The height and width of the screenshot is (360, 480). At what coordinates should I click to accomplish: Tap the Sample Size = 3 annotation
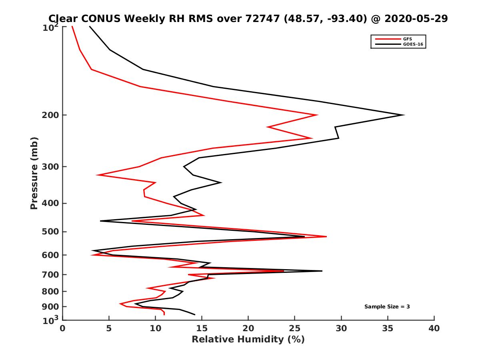pyautogui.click(x=387, y=307)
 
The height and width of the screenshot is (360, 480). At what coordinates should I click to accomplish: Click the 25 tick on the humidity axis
pyautogui.click(x=295, y=328)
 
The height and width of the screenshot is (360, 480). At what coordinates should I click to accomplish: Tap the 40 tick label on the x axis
pyautogui.click(x=434, y=328)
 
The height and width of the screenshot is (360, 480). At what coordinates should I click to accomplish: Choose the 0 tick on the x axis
pyautogui.click(x=63, y=328)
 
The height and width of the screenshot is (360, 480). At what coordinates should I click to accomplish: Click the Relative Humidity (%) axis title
pyautogui.click(x=248, y=340)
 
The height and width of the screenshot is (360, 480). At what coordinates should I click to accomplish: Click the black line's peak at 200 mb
pyautogui.click(x=404, y=115)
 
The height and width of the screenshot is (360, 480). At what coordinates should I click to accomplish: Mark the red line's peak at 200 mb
pyautogui.click(x=317, y=115)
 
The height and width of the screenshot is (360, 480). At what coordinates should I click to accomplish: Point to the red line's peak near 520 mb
pyautogui.click(x=326, y=237)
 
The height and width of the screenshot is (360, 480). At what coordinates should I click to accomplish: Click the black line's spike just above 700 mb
pyautogui.click(x=322, y=271)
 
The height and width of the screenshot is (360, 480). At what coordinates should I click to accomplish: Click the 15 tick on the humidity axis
pyautogui.click(x=202, y=328)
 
